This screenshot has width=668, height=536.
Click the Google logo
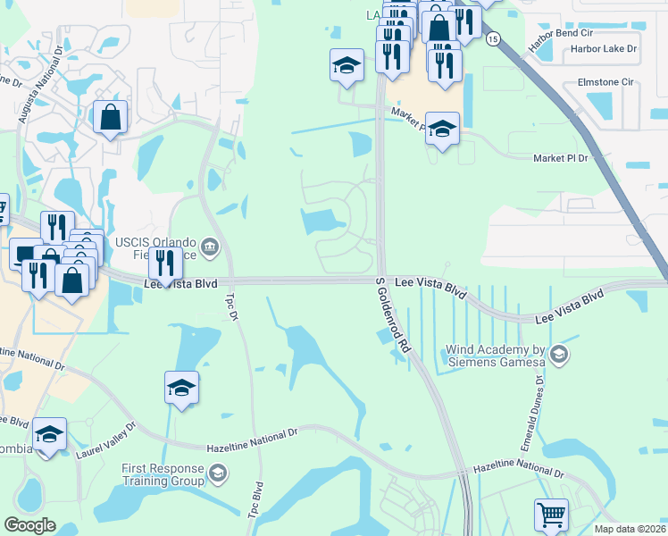pos(29,525)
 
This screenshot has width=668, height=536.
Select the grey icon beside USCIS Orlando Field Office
pos(210,247)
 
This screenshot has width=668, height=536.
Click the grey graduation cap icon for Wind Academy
pos(558,356)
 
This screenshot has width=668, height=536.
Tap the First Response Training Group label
pos(163,473)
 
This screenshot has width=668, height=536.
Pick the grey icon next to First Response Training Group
pos(218,473)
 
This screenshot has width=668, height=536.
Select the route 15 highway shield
pos(493,38)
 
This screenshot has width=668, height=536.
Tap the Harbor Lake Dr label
pos(604,49)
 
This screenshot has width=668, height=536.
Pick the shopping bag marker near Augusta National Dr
pos(110,117)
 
